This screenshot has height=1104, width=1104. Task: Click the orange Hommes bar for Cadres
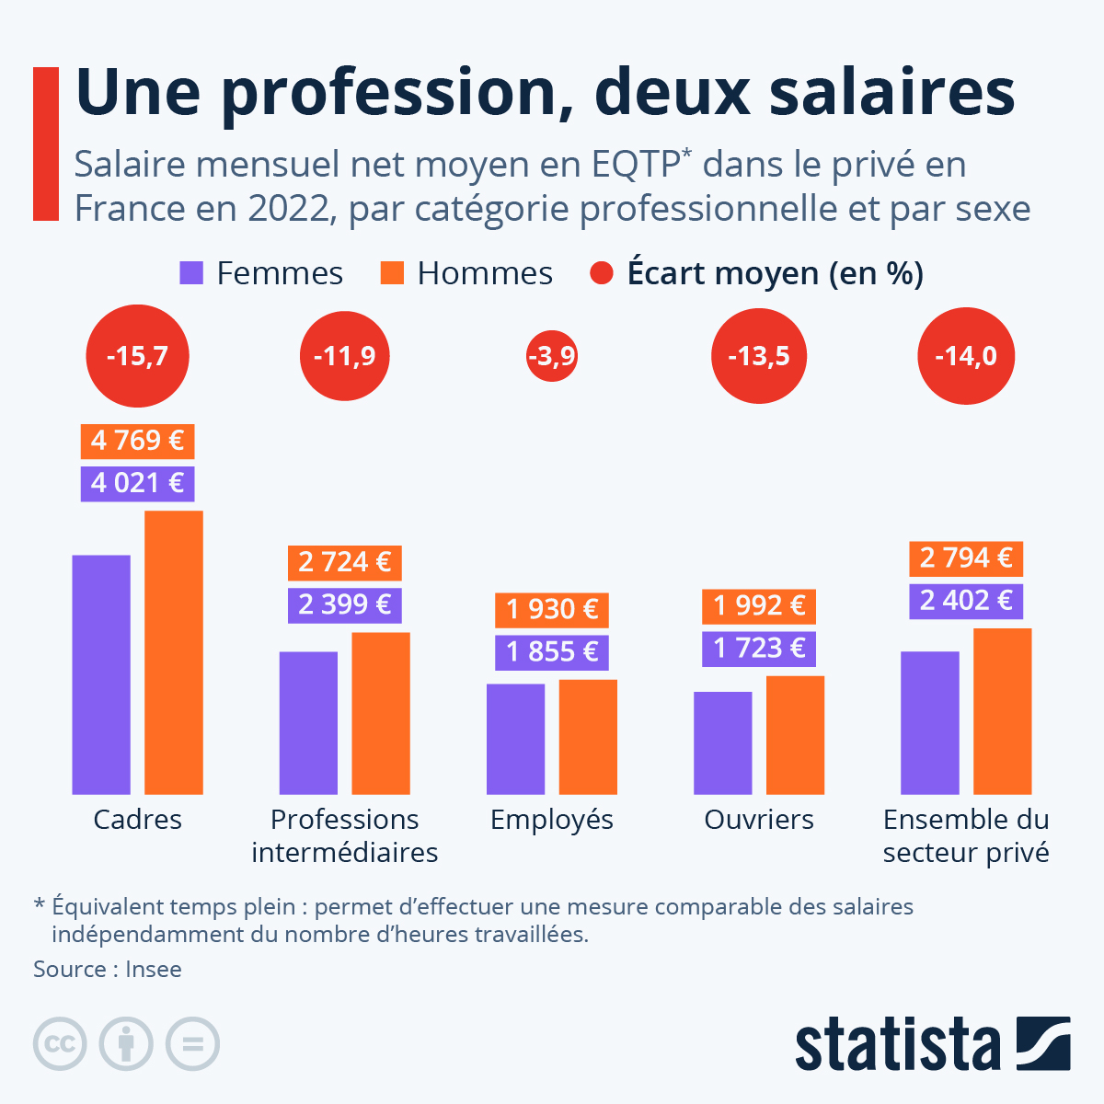174,652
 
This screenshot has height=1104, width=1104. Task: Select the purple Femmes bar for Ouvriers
722,742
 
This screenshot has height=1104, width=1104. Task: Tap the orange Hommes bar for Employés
588,736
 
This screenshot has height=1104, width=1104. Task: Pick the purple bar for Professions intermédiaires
308,722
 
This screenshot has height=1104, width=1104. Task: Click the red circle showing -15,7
137,356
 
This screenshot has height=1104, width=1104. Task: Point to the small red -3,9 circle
551,356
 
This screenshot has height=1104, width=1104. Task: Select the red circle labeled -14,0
965,356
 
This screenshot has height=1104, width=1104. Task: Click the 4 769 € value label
137,441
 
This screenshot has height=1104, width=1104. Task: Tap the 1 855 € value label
551,651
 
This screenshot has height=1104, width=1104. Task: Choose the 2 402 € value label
965,601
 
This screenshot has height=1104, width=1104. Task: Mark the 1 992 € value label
758,605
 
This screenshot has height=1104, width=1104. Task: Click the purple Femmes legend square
191,273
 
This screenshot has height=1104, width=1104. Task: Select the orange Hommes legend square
392,273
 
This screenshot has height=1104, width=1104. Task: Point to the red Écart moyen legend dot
602,273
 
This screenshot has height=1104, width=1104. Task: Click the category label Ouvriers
758,819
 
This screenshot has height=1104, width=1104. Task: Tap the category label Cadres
137,819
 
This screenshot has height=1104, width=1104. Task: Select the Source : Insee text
108,969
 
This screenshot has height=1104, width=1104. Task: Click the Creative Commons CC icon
60,1044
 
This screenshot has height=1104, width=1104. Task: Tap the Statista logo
932,1044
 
